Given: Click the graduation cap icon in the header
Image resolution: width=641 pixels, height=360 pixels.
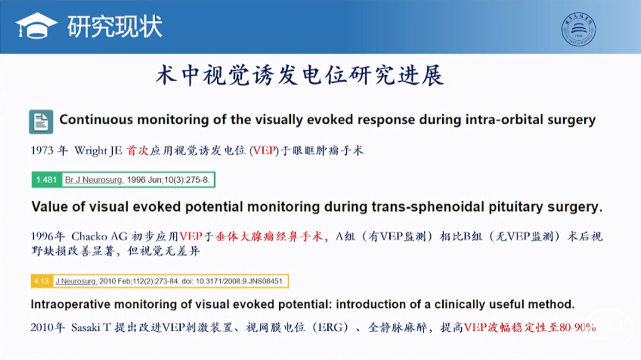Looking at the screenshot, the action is pos(36,26).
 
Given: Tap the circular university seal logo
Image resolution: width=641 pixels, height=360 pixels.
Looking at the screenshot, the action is pos(578,29).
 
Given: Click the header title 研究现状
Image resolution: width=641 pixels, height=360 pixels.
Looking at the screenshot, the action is pos(115,26).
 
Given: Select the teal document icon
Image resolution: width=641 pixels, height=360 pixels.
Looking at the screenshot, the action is pos(41,122).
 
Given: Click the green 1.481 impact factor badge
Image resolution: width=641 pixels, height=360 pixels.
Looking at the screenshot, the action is pos(47,180).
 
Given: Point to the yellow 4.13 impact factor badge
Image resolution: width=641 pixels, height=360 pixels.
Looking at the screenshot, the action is pos(42,281).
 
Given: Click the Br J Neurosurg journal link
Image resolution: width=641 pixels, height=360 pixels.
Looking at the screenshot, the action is pos(94,180).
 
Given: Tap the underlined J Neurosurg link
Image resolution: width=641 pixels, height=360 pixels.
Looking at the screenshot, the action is pos(76,281).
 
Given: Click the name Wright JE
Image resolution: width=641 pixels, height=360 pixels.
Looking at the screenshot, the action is pos(98,151).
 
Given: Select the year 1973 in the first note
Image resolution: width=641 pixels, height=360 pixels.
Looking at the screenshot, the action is pos(42,150).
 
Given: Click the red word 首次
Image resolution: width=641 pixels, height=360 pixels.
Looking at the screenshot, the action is pos(137,150).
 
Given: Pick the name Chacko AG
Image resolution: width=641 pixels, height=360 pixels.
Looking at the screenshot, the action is pos(99,236).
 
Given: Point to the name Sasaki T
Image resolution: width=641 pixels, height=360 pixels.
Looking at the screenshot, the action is pos(91,327).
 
